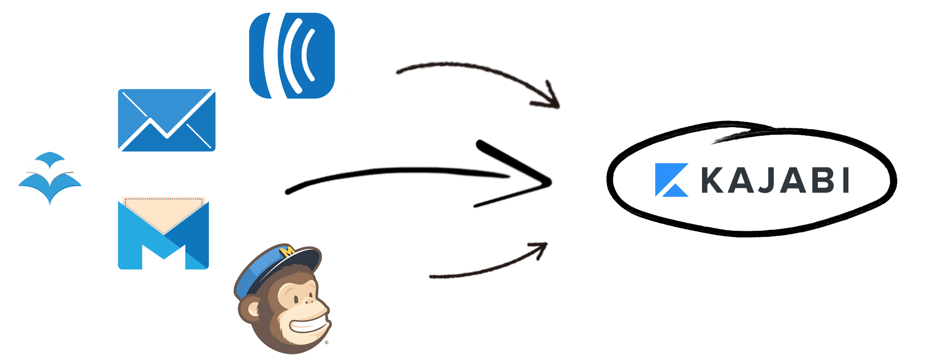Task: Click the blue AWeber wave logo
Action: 292,55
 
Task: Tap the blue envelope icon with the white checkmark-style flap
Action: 167,120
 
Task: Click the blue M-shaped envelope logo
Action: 163,234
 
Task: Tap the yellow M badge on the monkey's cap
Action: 288,251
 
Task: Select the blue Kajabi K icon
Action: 672,180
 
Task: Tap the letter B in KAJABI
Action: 818,181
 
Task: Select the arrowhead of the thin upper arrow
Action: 556,104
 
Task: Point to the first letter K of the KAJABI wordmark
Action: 715,181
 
